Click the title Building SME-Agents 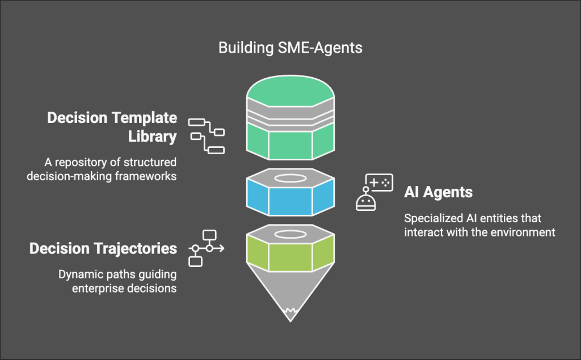click(290, 48)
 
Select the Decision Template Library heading click(112, 127)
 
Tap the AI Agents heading click(438, 192)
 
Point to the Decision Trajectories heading click(103, 248)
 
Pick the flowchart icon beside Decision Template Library click(207, 136)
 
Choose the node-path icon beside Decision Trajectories click(206, 248)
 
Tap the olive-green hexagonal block click(290, 256)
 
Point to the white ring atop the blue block click(290, 178)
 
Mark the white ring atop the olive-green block click(290, 234)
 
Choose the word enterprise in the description click(90, 289)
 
